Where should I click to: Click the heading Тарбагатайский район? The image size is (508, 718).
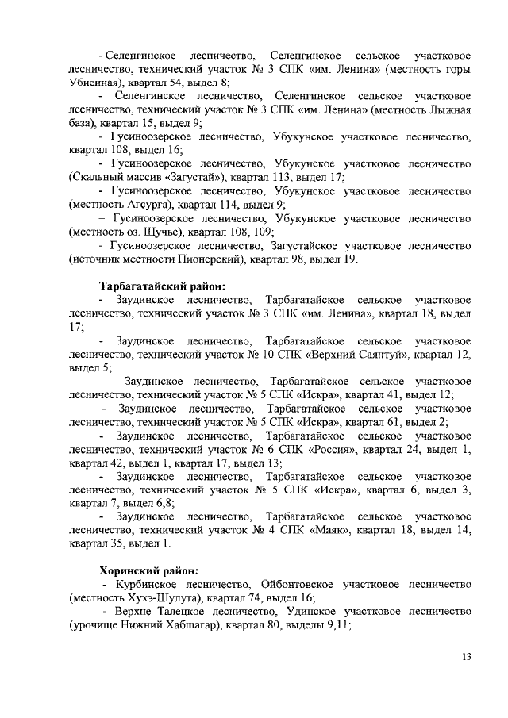(x=162, y=286)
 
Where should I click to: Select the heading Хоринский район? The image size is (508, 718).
(x=148, y=570)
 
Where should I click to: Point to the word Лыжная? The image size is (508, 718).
(x=450, y=110)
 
